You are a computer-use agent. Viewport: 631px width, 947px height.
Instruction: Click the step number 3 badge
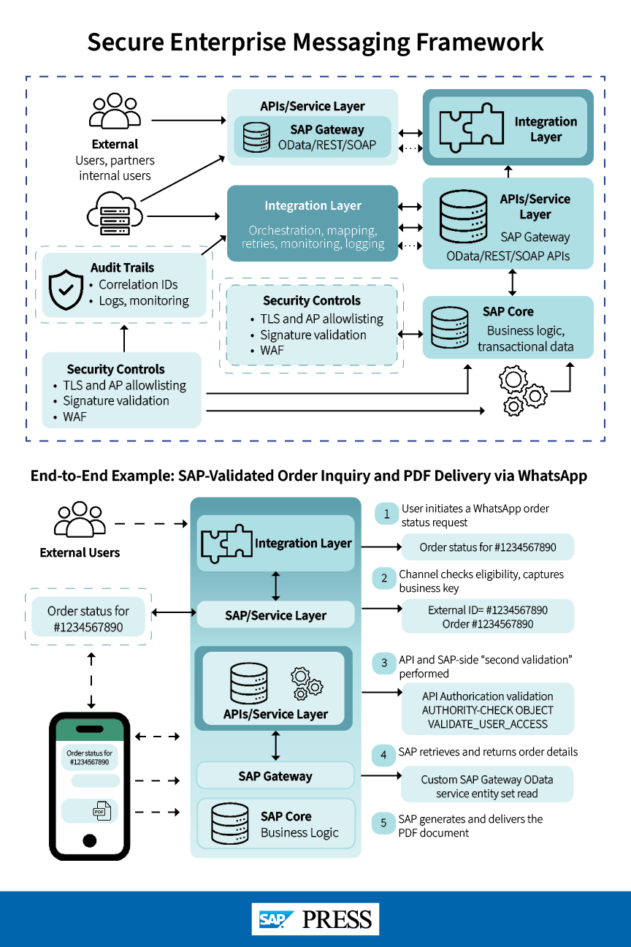point(384,663)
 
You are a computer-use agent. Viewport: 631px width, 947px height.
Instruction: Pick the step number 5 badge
point(384,824)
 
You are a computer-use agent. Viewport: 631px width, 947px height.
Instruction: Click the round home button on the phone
point(90,840)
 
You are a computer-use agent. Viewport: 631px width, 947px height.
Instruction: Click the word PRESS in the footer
point(337,919)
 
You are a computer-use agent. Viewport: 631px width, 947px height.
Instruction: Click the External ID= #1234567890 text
point(488,610)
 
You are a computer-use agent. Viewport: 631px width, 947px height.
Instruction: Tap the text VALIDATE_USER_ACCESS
point(488,724)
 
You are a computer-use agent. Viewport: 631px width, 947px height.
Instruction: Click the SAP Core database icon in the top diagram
point(449,328)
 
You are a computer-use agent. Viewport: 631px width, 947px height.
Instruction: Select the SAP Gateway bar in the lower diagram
point(275,776)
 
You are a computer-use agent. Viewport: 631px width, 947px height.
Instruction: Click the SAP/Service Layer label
point(275,615)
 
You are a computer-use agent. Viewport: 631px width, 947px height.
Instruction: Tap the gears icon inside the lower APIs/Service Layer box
point(307,681)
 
